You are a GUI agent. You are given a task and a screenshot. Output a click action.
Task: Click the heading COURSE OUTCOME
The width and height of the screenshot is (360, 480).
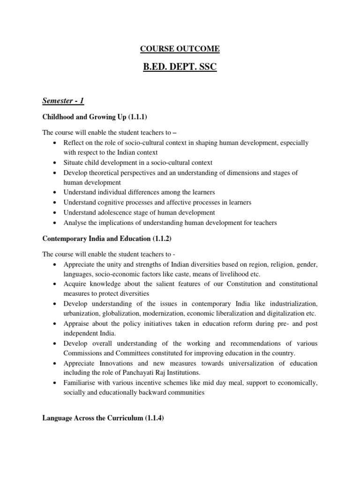pos(180,49)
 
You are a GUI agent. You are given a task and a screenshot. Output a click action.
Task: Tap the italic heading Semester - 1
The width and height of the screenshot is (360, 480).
pos(63,100)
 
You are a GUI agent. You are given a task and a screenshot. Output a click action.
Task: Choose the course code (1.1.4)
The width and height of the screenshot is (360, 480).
pos(150,418)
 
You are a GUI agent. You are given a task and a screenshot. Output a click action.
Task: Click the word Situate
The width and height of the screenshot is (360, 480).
pos(75,163)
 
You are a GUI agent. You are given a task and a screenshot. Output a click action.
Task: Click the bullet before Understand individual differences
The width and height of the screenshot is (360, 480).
pos(56,193)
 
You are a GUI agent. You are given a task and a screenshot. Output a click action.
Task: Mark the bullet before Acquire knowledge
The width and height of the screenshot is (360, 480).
pos(56,284)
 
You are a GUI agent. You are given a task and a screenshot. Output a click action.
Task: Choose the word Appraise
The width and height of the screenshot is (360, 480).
pos(77,323)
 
